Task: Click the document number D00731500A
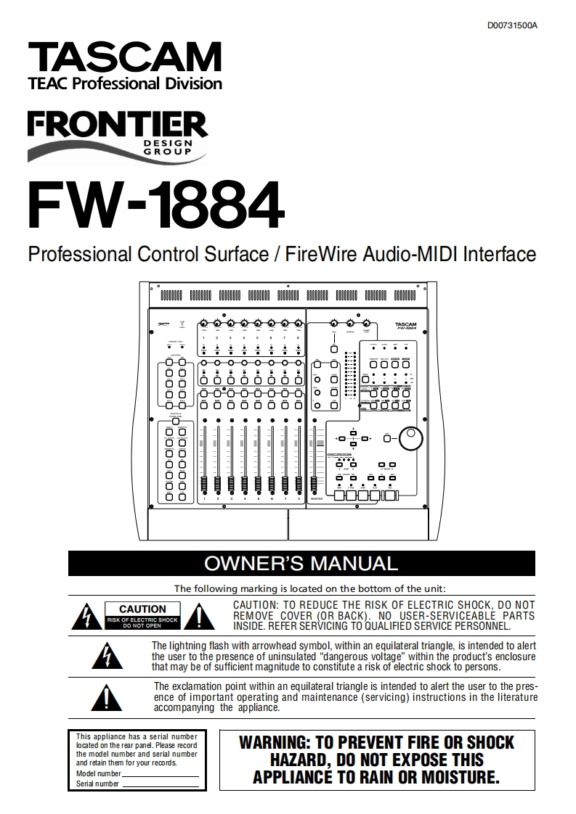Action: point(512,26)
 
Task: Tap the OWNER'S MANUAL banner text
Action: point(301,564)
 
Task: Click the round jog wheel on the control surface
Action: point(414,437)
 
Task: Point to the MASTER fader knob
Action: point(316,484)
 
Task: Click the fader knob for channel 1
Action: point(205,484)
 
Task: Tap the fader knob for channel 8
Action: point(299,484)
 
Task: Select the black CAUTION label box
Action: point(142,615)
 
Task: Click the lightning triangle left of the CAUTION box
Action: point(85,617)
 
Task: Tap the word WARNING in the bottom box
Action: point(273,742)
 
